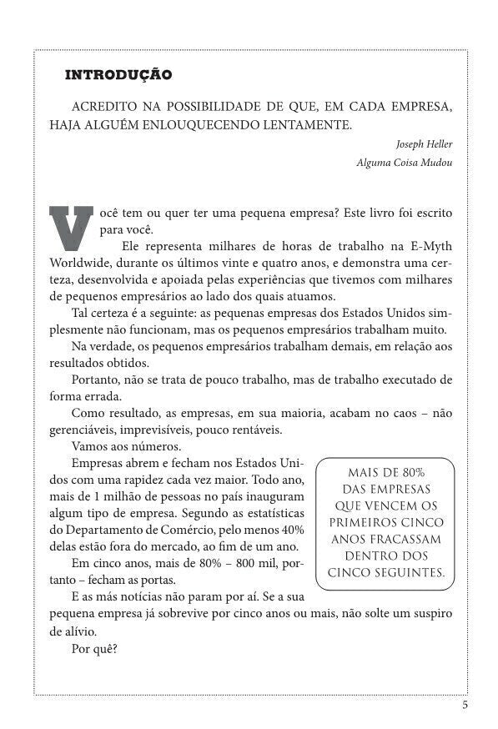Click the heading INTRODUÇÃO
click(118, 75)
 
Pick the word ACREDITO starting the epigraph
click(104, 108)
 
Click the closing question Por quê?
click(94, 647)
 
